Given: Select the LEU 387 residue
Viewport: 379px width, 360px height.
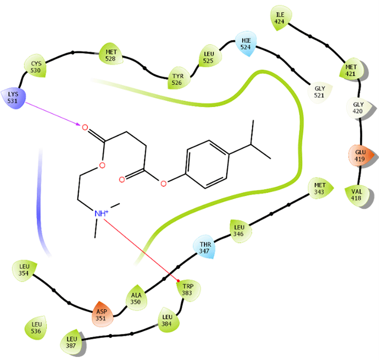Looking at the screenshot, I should coord(72,343).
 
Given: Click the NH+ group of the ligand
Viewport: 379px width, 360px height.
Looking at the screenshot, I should coord(101,213).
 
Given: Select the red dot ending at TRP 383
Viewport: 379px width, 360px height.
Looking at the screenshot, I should coord(178,281).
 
